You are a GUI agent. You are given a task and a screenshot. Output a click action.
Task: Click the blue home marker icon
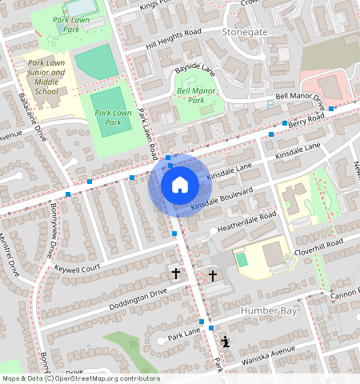(x=180, y=185)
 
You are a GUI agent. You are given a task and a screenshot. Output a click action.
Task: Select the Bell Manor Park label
(x=197, y=96)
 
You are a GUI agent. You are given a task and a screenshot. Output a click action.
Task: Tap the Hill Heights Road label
(x=173, y=40)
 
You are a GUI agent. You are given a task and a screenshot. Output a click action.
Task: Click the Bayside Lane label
(x=196, y=70)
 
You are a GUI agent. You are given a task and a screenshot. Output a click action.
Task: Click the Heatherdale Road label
(x=246, y=222)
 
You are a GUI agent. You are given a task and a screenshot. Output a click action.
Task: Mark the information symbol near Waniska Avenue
(x=226, y=342)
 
